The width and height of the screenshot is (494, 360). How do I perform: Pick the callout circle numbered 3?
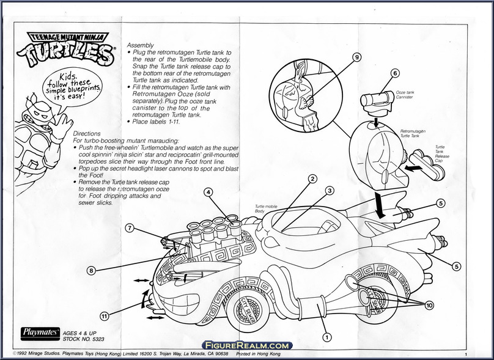[x=329, y=191]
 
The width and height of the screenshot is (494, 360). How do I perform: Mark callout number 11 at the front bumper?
[x=105, y=316]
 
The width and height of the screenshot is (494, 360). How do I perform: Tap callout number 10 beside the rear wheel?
[x=430, y=305]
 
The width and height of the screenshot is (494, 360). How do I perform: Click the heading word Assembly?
[x=140, y=45]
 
